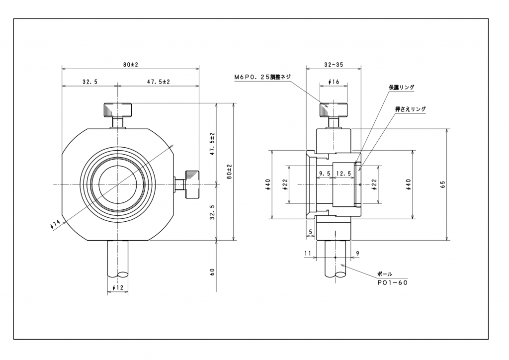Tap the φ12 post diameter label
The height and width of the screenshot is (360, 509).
[118, 287]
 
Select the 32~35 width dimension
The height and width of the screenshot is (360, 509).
[334, 65]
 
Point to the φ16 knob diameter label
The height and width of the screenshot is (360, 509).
[334, 82]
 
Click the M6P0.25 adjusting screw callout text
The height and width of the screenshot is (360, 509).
[263, 77]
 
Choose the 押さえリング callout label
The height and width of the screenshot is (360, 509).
[410, 108]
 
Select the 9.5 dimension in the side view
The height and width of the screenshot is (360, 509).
[325, 173]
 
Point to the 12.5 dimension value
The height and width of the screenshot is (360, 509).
[343, 173]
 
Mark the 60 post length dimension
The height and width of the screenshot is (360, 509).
[212, 271]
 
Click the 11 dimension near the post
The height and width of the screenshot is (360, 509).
[308, 253]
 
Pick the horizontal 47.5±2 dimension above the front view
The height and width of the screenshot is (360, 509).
[158, 82]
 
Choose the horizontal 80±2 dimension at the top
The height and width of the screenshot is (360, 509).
[130, 65]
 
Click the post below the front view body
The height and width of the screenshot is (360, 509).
[118, 259]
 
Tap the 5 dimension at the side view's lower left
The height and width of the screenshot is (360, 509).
[310, 232]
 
